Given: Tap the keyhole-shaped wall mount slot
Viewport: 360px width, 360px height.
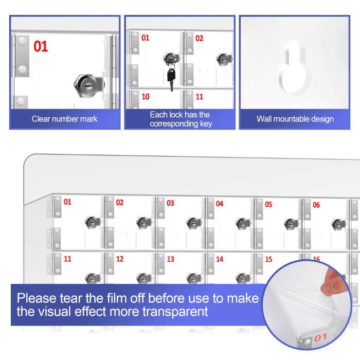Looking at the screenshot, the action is (294, 69).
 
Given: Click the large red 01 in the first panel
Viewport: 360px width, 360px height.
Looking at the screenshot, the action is (41, 46).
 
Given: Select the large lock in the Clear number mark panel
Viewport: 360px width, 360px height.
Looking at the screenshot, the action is (89, 86).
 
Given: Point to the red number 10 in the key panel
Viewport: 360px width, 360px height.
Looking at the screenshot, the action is (146, 97).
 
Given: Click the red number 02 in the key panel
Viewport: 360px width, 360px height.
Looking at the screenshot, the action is (200, 38).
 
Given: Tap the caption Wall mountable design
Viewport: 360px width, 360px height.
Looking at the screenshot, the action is (295, 119).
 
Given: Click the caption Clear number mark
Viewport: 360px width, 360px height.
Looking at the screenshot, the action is (64, 119).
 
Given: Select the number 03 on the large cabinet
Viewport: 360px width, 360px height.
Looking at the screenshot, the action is (170, 203).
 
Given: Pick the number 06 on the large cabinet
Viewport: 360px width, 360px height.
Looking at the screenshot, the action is (316, 205).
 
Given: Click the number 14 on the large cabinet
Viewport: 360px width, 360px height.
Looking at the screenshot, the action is (220, 259).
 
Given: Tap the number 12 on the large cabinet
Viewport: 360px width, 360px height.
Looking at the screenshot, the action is (120, 259).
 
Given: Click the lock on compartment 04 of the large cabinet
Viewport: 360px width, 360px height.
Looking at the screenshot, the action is (243, 223).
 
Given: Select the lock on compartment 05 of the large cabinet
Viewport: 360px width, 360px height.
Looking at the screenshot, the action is (291, 224).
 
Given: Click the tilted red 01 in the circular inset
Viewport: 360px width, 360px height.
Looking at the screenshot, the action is (320, 337).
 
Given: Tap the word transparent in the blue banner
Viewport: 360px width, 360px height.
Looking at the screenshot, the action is (175, 312).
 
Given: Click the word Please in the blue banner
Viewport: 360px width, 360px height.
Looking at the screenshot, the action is (37, 298).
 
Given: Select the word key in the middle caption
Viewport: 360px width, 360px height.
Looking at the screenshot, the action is (206, 124).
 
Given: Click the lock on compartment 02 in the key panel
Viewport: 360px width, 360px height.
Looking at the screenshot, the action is (224, 60).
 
